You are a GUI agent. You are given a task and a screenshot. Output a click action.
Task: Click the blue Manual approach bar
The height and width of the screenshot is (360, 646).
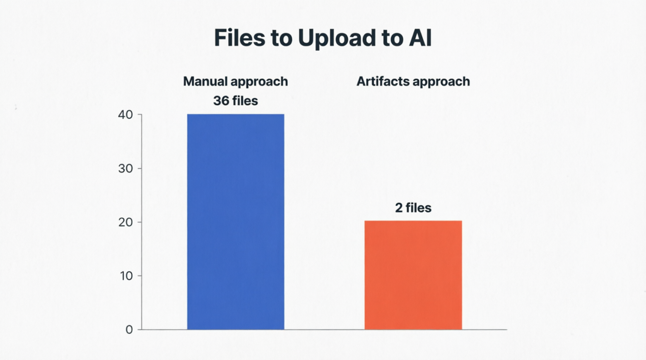[236, 222]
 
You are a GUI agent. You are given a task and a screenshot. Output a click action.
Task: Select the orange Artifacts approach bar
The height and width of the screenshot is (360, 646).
[413, 275]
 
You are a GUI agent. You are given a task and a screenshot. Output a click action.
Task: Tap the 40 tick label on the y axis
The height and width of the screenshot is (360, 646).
[125, 115]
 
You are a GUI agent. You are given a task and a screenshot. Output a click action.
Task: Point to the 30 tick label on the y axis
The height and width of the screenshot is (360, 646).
[125, 168]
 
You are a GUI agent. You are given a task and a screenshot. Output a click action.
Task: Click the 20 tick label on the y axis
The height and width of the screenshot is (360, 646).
[125, 222]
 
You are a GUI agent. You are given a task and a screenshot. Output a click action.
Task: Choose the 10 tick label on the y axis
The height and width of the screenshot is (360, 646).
[126, 276]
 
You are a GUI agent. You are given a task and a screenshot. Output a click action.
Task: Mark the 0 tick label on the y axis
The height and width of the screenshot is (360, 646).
[129, 330]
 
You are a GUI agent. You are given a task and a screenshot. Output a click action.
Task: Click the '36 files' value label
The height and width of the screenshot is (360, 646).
[236, 101]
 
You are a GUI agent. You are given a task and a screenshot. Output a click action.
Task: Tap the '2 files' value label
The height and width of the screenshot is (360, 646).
[413, 208]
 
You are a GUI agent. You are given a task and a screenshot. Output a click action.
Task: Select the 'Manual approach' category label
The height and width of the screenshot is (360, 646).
[236, 82]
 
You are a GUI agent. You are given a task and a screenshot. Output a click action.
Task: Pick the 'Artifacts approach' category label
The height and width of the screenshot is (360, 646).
[413, 82]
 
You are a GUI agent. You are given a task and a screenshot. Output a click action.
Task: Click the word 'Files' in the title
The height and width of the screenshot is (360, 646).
[240, 38]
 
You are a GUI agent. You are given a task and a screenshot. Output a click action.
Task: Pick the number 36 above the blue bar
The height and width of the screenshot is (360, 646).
[221, 101]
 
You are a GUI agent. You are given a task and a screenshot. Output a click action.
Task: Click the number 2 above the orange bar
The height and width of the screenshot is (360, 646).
[398, 208]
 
